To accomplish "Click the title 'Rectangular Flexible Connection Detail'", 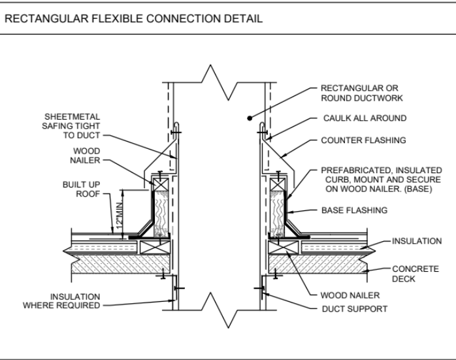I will click(134, 20).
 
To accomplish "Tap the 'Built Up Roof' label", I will click(80, 189).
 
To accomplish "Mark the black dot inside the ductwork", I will click(250, 118).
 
